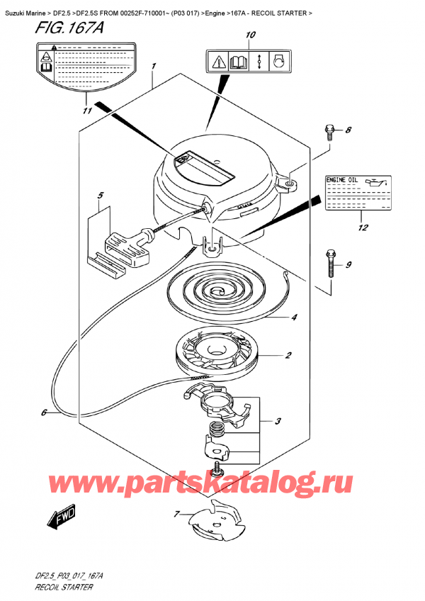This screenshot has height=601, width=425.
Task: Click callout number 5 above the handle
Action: (x=101, y=196)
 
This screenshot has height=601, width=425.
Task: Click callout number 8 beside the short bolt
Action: (x=348, y=130)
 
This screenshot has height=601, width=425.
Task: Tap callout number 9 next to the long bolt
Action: (x=348, y=266)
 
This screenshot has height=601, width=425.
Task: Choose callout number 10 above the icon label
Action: (x=249, y=35)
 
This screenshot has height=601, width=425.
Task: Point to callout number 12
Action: (x=363, y=228)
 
